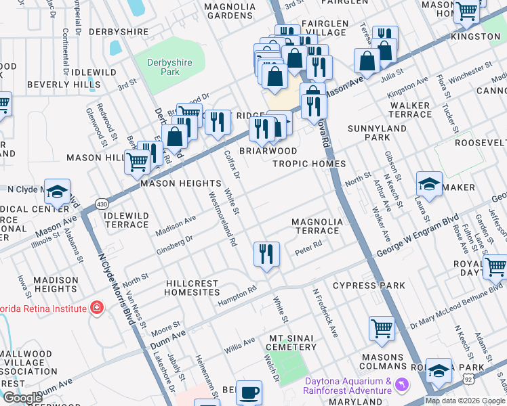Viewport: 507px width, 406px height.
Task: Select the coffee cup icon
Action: [x=249, y=392]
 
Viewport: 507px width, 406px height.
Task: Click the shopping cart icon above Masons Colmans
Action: [x=382, y=329]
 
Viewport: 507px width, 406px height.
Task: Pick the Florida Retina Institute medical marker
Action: [x=97, y=309]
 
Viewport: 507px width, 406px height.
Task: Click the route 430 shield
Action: [x=102, y=203]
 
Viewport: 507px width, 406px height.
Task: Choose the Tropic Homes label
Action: [x=309, y=164]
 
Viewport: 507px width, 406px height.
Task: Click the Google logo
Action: [x=22, y=397]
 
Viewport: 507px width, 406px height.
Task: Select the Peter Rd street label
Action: [x=307, y=252]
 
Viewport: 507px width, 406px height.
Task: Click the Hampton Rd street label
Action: [x=237, y=297]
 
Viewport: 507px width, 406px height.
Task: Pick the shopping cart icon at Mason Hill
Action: [x=137, y=162]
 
